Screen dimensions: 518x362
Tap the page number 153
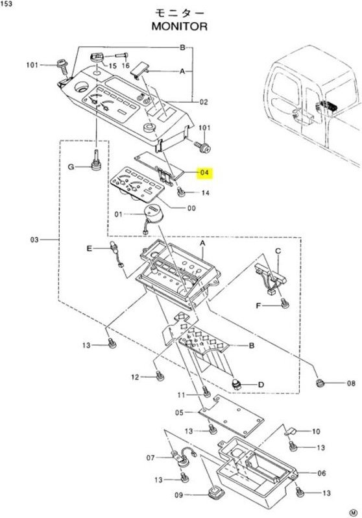8,5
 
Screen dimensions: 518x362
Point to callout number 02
203,102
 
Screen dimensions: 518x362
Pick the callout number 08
350,383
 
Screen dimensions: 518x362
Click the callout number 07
151,458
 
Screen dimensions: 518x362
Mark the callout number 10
316,431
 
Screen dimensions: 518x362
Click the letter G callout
72,167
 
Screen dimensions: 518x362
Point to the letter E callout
91,248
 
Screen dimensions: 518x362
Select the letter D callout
261,385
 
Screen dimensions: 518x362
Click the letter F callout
258,305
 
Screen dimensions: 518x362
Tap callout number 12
136,377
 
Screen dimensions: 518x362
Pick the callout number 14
205,193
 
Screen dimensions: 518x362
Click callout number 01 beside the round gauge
119,213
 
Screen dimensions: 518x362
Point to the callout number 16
125,66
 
